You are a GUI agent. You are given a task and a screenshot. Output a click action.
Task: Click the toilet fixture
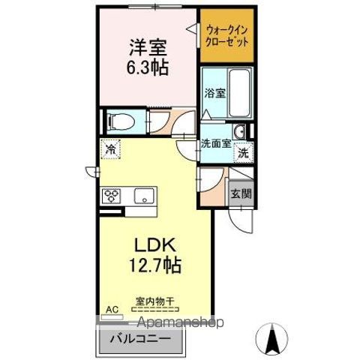click(x=120, y=120)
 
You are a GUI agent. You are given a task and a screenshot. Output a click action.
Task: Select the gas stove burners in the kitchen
click(x=112, y=196)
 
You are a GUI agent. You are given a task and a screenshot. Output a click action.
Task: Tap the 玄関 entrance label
click(x=241, y=193)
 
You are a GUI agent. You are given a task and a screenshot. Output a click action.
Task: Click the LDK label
click(x=155, y=245)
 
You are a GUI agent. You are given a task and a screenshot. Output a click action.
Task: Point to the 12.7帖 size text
click(x=156, y=265)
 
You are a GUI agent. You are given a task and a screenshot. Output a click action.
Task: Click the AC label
click(x=111, y=309)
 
